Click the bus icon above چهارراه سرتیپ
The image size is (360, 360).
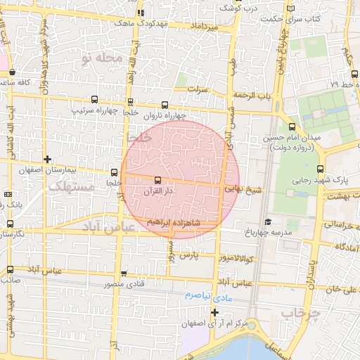pyautogui.click(x=95, y=100)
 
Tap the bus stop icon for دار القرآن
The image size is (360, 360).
pyautogui.click(x=157, y=180)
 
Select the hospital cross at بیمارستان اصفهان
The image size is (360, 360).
pyautogui.click(x=47, y=160)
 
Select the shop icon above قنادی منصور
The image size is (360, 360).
pyautogui.click(x=124, y=274)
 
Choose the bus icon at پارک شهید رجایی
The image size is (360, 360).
pyautogui.click(x=321, y=169)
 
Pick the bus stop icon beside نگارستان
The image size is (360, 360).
pyautogui.click(x=10, y=224)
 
